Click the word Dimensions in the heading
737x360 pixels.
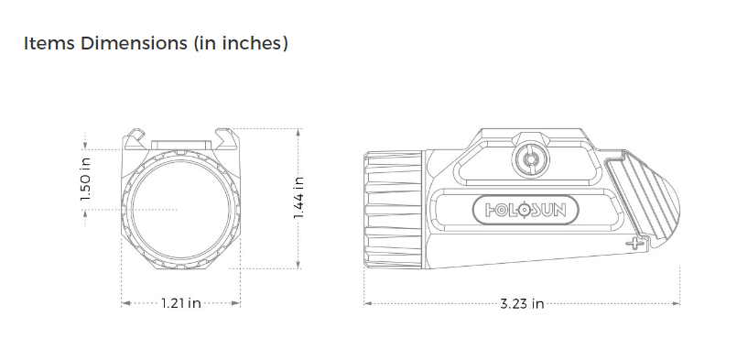134,43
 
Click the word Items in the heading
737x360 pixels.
49,43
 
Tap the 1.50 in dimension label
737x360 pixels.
85,180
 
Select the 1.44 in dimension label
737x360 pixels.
299,198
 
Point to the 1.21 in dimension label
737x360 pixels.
181,303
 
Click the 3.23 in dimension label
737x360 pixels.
522,303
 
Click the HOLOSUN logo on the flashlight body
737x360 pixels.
526,210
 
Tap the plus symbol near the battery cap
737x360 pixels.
635,244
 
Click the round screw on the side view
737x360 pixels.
532,160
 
